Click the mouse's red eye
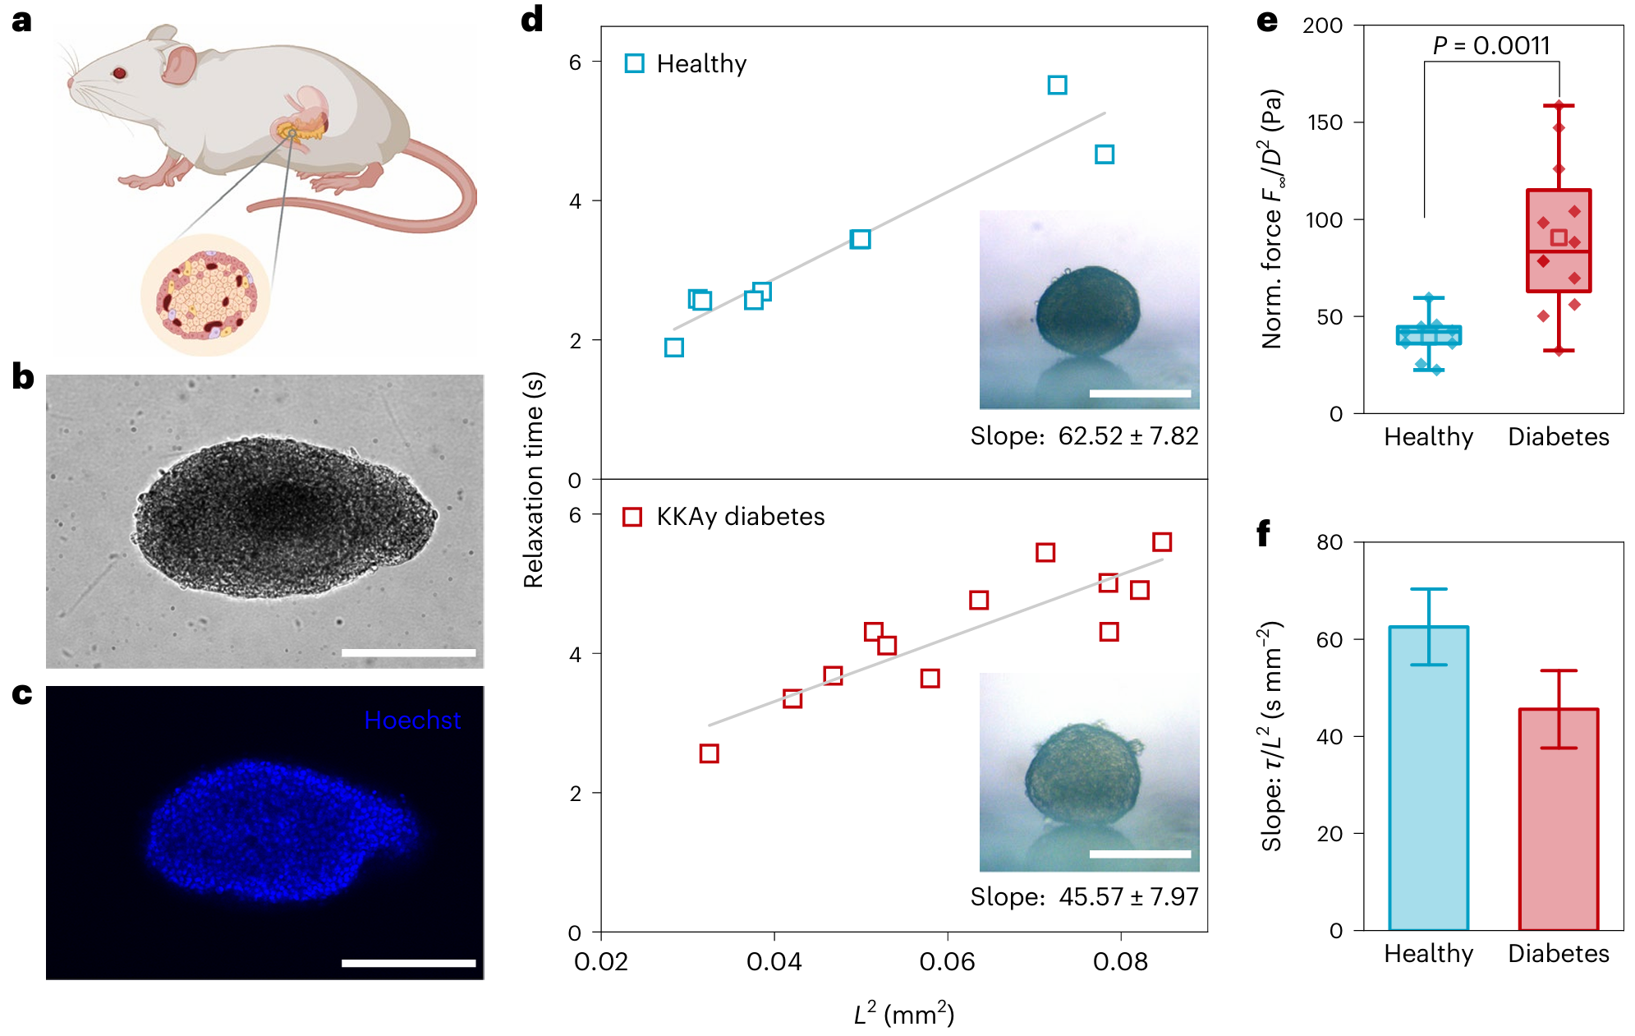pyautogui.click(x=119, y=73)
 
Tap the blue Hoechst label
pyautogui.click(x=412, y=721)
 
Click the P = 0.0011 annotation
pyautogui.click(x=1491, y=46)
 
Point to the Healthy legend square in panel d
pyautogui.click(x=634, y=63)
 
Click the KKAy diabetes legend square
pyautogui.click(x=632, y=517)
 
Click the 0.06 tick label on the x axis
pyautogui.click(x=947, y=961)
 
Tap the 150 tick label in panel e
pyautogui.click(x=1324, y=122)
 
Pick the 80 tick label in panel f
pyautogui.click(x=1330, y=542)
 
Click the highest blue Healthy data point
pyautogui.click(x=1057, y=85)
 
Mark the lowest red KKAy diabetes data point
pyautogui.click(x=709, y=753)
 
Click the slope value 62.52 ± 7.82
pyautogui.click(x=1128, y=435)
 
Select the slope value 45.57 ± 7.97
pyautogui.click(x=1128, y=896)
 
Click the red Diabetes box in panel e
pyautogui.click(x=1558, y=241)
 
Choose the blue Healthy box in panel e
pyautogui.click(x=1428, y=335)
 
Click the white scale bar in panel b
pyautogui.click(x=408, y=652)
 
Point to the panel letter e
pyautogui.click(x=1267, y=21)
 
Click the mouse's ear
pyautogui.click(x=179, y=64)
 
